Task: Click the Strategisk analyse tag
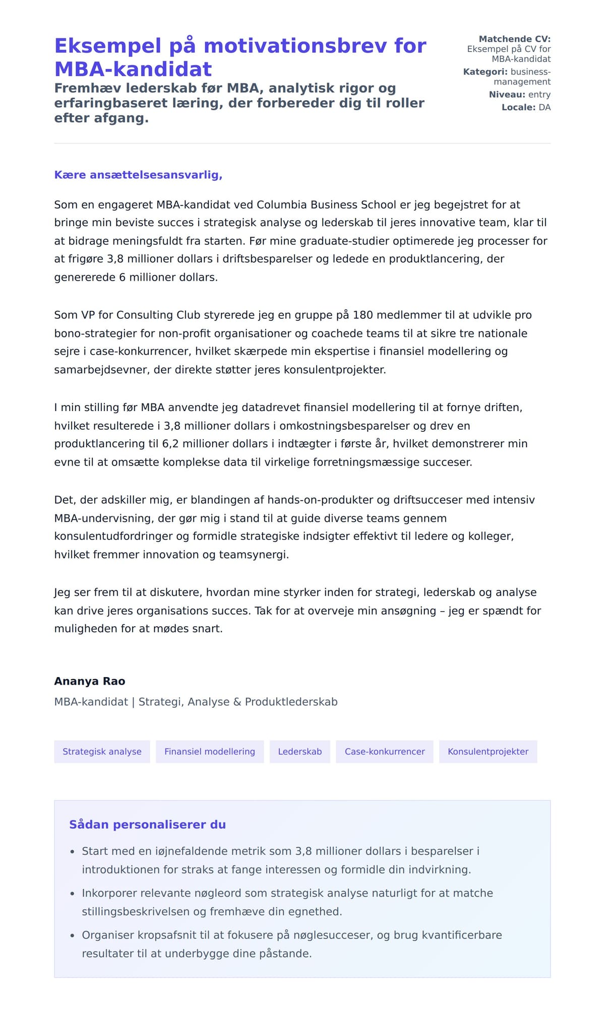102,752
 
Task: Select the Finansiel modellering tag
209,752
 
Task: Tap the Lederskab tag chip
299,752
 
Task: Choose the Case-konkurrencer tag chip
384,752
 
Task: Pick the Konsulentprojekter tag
488,752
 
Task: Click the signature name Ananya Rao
90,681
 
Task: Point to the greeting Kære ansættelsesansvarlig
138,175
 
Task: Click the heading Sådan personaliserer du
147,825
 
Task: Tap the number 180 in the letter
363,315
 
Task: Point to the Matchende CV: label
514,39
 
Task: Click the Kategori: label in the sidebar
485,72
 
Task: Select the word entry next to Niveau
539,94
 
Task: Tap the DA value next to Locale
544,107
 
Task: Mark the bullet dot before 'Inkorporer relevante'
72,894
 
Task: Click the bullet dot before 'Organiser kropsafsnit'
72,935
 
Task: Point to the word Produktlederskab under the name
291,702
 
